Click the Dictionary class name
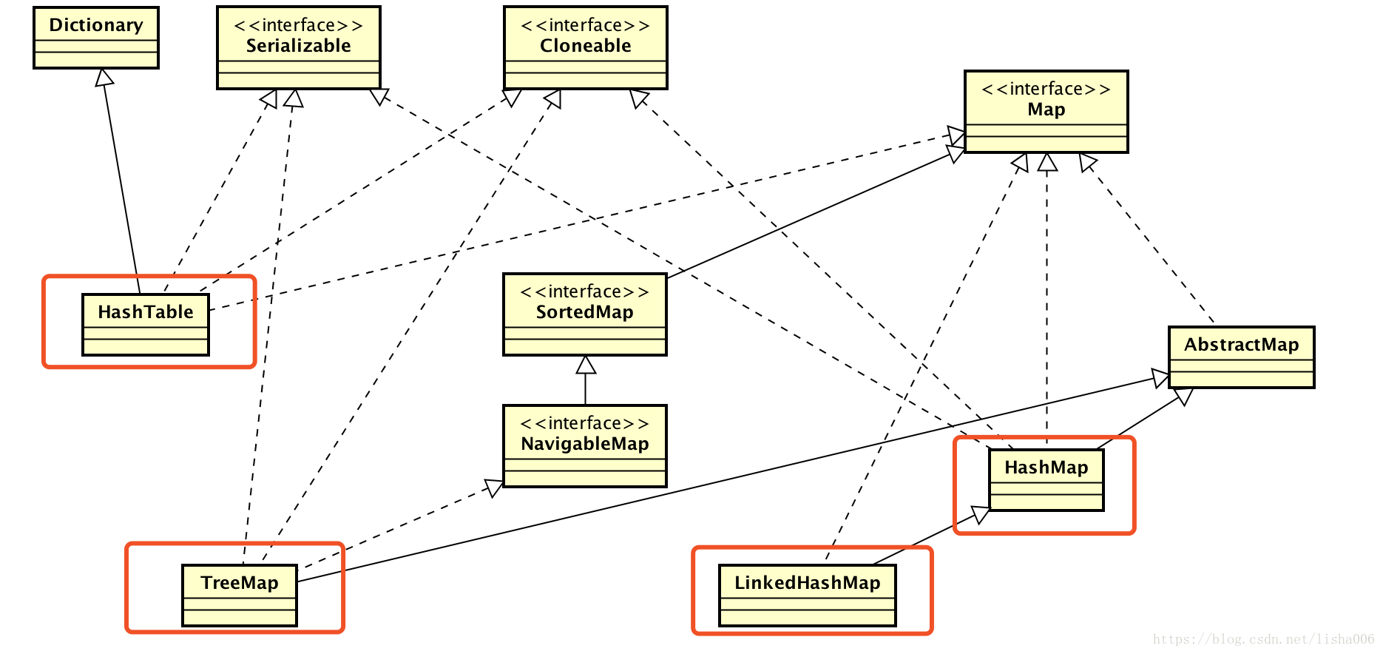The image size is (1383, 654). (x=96, y=25)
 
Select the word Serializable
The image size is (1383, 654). (x=298, y=46)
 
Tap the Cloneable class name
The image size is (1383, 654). (x=585, y=46)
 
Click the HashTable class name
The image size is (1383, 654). (x=146, y=312)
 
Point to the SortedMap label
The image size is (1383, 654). (x=584, y=312)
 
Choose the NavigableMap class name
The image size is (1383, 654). (x=584, y=444)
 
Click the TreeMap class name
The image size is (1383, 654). (x=240, y=583)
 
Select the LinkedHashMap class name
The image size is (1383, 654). (x=807, y=583)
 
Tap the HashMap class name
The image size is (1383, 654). (x=1046, y=468)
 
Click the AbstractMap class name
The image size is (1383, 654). (x=1241, y=345)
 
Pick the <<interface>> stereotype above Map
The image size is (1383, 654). (x=1046, y=89)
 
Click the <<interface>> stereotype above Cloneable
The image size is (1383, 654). (x=585, y=25)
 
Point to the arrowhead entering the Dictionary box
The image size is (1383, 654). (x=105, y=77)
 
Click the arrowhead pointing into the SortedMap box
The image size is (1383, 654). (x=586, y=364)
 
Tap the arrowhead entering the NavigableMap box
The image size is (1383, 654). (x=494, y=487)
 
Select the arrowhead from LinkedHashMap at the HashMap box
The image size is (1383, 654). (x=981, y=513)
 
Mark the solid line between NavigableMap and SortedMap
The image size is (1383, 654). (x=586, y=389)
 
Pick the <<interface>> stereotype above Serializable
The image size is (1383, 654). (x=298, y=25)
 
